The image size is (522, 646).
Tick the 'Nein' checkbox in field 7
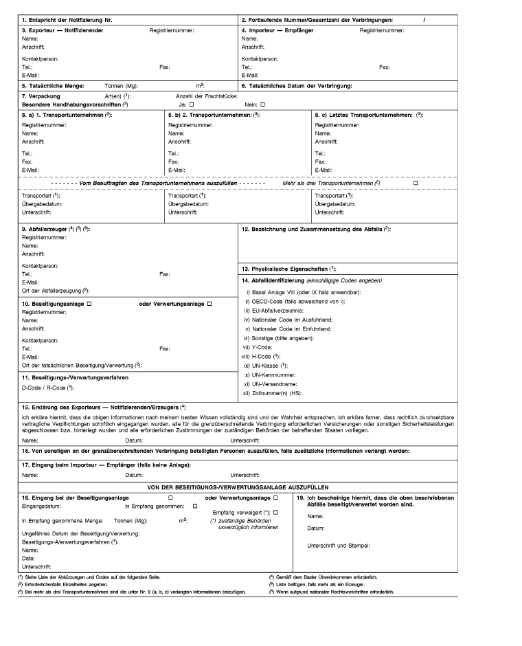click(262, 104)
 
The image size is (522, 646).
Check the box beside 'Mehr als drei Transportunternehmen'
click(416, 184)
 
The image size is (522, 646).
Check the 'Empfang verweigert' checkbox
click(275, 513)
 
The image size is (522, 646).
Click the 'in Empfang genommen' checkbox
click(195, 506)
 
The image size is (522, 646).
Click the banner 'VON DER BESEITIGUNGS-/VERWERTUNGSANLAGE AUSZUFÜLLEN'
click(261, 486)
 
